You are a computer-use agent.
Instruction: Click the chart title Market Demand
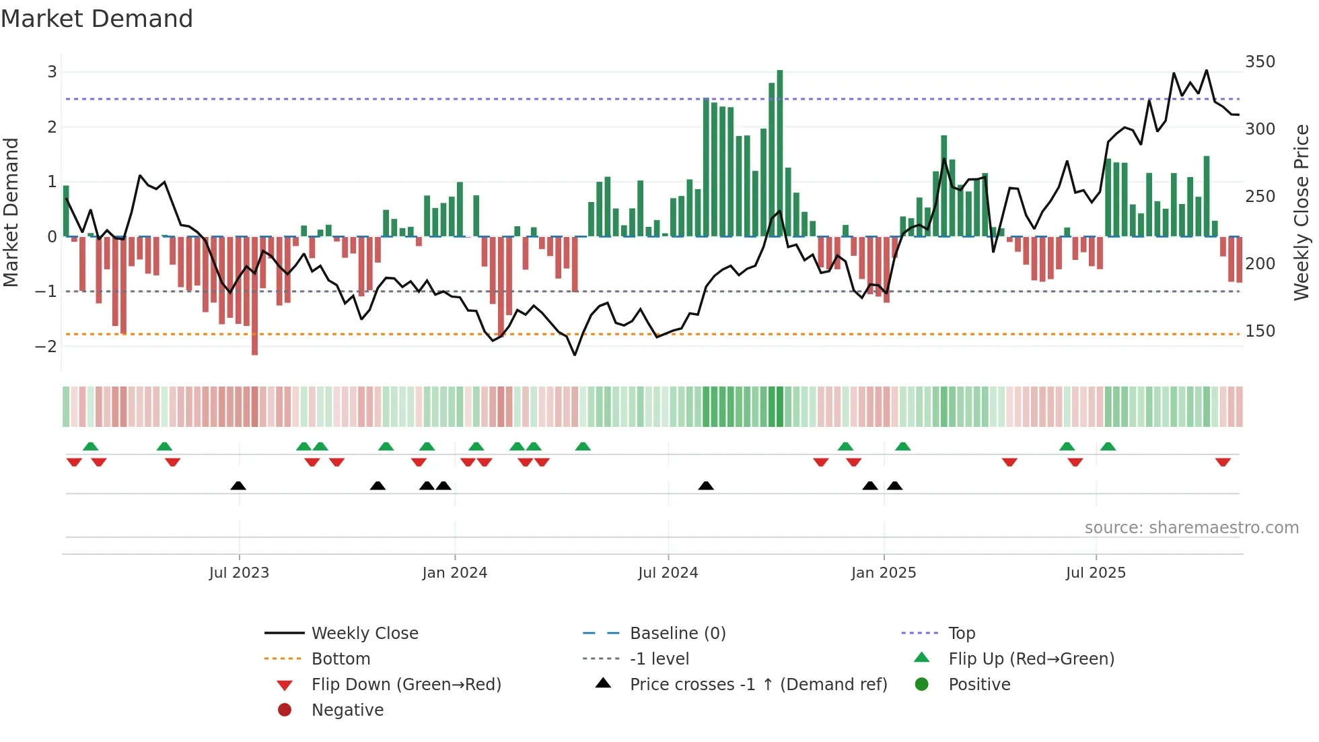(97, 19)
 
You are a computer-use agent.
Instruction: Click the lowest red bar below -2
(254, 296)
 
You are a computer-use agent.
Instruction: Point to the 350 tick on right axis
(1260, 62)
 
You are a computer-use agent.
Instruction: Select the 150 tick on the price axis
(1260, 331)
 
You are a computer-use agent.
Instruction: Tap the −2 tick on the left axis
(46, 347)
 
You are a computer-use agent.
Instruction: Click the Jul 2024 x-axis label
(668, 573)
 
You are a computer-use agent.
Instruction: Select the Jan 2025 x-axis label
(883, 573)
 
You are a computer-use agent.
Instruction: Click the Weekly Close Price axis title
(1302, 212)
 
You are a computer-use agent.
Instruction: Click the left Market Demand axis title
(11, 212)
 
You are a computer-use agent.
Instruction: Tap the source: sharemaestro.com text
(1191, 528)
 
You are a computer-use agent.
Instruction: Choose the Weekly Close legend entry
(364, 634)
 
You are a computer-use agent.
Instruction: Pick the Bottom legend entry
(341, 659)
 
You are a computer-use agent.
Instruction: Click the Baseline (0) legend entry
(677, 634)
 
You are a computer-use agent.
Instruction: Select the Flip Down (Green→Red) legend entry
(406, 685)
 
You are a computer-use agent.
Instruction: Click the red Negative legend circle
(285, 710)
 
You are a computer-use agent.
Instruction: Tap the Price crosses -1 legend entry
(758, 685)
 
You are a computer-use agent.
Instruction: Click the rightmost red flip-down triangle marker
(1223, 462)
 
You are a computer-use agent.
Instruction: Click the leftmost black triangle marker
(238, 485)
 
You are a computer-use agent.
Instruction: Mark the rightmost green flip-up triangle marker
(1108, 446)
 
